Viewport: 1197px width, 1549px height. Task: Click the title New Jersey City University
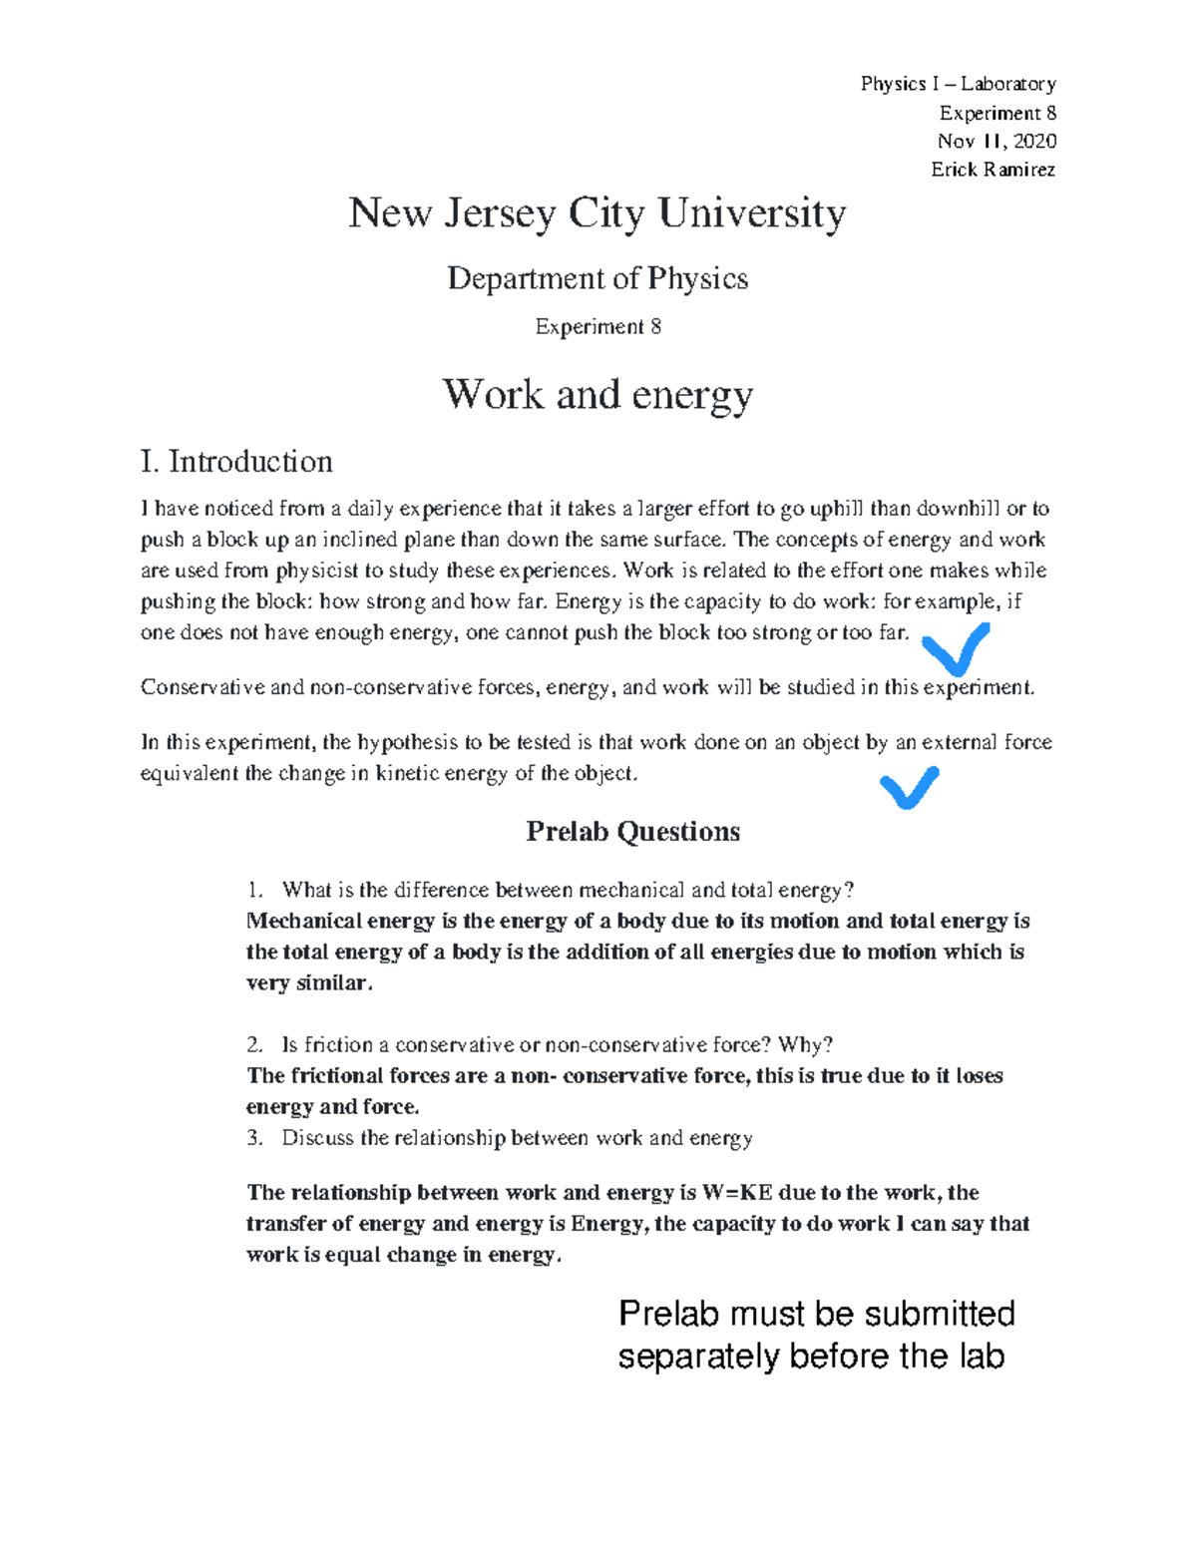tap(597, 214)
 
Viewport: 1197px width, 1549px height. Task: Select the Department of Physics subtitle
tap(597, 278)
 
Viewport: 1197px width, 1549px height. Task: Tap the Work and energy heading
tap(597, 395)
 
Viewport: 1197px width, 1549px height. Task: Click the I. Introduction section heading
tap(236, 462)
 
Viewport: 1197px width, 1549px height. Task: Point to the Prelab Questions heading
tap(632, 832)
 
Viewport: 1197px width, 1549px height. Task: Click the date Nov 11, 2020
tap(996, 141)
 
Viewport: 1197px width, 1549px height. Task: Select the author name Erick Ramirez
tap(993, 170)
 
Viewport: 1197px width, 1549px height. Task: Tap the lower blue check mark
tap(909, 787)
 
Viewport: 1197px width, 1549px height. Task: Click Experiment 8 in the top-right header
tap(997, 113)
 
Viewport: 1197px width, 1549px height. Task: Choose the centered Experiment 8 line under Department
tap(598, 327)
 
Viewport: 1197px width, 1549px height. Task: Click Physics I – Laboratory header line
tap(958, 84)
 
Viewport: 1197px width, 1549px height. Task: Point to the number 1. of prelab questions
tap(254, 890)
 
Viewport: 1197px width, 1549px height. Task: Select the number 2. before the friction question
tap(254, 1045)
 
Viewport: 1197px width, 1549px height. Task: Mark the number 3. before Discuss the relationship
tap(254, 1138)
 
